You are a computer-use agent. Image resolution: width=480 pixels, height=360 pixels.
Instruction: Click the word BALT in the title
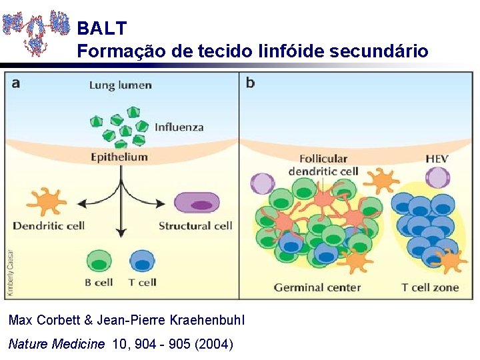[101, 28]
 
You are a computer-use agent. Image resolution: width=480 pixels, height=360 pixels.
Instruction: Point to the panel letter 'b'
[250, 83]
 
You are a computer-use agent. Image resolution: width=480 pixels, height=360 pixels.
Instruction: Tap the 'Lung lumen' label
[120, 85]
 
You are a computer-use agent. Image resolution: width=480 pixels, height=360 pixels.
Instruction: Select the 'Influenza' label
[179, 127]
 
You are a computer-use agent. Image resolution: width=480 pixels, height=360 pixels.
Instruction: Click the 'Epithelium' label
[119, 157]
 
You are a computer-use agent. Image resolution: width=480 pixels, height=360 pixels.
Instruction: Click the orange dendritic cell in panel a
[47, 201]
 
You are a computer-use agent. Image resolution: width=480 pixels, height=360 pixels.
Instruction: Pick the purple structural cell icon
[197, 202]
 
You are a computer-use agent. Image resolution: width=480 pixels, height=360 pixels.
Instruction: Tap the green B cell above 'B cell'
[99, 261]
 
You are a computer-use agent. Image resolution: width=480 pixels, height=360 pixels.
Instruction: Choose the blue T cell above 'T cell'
[141, 261]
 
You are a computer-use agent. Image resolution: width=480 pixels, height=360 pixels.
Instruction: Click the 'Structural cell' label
[195, 225]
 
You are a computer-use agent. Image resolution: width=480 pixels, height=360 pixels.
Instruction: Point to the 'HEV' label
[437, 159]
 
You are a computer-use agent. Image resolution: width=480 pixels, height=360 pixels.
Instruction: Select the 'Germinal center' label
[317, 287]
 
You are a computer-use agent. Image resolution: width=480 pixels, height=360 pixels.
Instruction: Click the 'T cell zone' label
[430, 287]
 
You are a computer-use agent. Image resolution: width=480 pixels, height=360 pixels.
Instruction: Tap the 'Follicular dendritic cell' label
[323, 165]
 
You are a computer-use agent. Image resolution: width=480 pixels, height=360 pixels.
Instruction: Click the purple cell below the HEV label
[438, 179]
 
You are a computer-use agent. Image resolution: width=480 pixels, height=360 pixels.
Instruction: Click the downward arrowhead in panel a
[121, 233]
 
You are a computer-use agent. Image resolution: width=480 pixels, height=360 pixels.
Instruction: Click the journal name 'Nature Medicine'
[57, 344]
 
